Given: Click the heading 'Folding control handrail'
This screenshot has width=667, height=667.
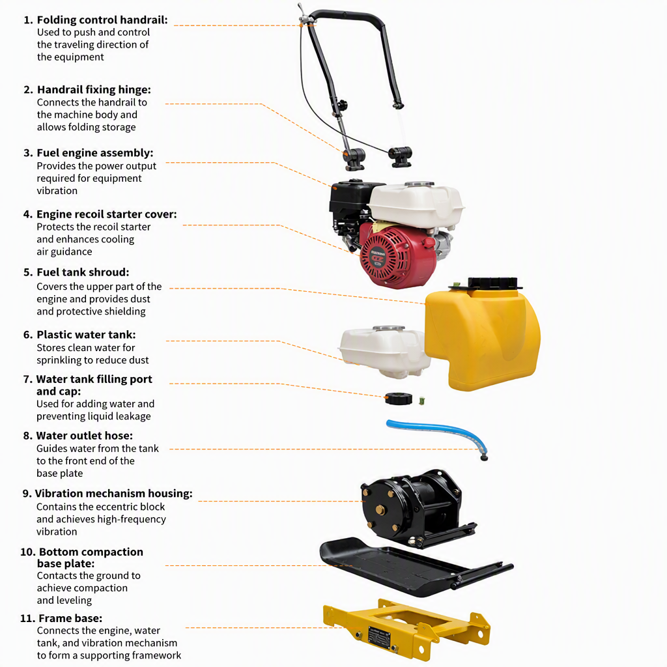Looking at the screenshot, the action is point(102,20).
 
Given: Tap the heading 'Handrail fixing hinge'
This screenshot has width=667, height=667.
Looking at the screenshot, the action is point(94,90).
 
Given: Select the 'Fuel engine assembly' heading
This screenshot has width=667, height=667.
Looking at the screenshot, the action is point(95,153).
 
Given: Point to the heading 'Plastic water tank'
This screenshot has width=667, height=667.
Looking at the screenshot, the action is point(86,335).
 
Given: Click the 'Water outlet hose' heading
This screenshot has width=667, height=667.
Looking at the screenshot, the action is point(84,436).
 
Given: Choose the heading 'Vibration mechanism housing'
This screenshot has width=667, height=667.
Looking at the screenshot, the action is point(113,494).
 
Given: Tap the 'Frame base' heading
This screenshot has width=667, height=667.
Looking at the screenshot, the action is point(70,618).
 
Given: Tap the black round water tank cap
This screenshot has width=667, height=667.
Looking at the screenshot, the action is point(399,399).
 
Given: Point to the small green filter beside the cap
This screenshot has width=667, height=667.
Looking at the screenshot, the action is point(421,401).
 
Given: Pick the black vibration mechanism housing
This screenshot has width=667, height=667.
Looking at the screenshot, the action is point(415,506).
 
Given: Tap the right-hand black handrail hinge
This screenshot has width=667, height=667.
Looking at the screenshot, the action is point(400,156).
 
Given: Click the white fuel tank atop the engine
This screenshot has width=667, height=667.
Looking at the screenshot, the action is point(416,204).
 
